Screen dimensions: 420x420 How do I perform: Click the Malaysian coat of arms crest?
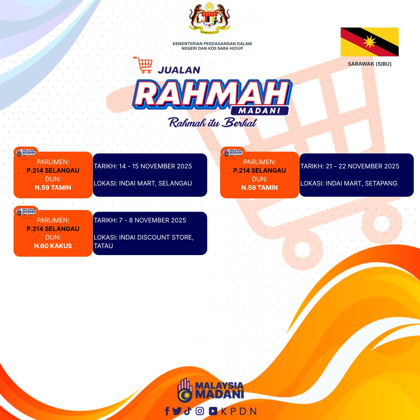pos(210,18)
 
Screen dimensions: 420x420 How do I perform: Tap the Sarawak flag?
pos(369,42)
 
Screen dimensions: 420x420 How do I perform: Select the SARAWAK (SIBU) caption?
pos(369,64)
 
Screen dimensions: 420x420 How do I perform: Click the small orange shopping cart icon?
pos(143,65)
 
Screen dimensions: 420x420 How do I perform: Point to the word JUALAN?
pos(179,70)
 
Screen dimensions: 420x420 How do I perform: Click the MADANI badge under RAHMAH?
pos(259,110)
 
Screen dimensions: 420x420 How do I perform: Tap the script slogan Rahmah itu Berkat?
pos(212,122)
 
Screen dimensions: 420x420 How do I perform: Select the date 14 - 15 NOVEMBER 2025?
pos(155,166)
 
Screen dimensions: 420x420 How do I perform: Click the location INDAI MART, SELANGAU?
pos(155,183)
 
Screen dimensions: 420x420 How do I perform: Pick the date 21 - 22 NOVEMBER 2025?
pos(362,166)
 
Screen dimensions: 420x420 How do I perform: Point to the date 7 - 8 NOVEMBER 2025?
pos(152,220)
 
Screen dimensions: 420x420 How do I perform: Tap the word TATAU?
pos(103,246)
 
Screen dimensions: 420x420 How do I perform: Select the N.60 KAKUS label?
pos(53,246)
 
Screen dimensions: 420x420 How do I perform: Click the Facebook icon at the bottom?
pos(167,411)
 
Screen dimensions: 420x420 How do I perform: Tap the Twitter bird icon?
pos(177,411)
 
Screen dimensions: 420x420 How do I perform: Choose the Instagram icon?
pos(199,411)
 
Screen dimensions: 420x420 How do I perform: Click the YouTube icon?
pos(213,411)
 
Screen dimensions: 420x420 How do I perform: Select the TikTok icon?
pos(188,411)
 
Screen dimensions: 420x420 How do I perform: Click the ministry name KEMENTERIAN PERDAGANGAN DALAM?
pos(212,44)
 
